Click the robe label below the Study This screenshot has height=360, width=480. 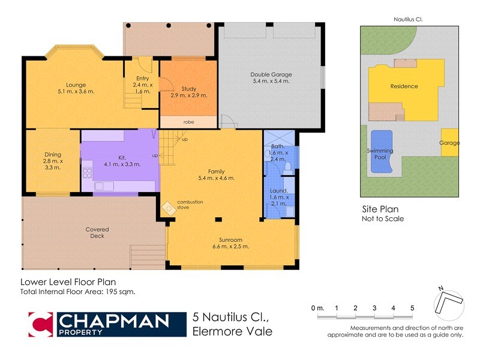click(188, 122)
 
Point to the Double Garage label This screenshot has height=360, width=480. click(270, 75)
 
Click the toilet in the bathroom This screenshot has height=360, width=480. click(287, 165)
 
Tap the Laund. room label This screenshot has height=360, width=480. click(278, 191)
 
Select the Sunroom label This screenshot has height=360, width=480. click(231, 239)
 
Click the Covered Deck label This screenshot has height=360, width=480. click(97, 232)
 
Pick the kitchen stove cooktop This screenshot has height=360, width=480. click(87, 173)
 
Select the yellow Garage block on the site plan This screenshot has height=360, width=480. click(450, 143)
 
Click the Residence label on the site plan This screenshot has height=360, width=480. click(404, 86)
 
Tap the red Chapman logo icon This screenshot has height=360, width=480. click(41, 324)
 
